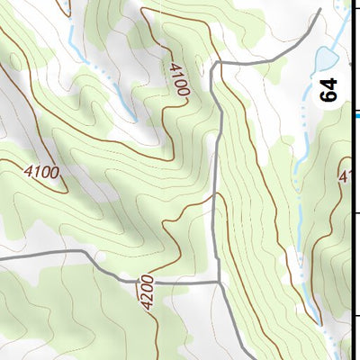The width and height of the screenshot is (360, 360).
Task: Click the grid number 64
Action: [x=329, y=90]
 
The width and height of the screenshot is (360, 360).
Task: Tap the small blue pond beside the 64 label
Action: [x=322, y=61]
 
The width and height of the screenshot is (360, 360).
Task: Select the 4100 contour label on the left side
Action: [x=41, y=171]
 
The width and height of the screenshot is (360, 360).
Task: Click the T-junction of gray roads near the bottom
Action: [x=220, y=282]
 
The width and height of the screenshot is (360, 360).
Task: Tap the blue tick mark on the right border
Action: [x=356, y=114]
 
